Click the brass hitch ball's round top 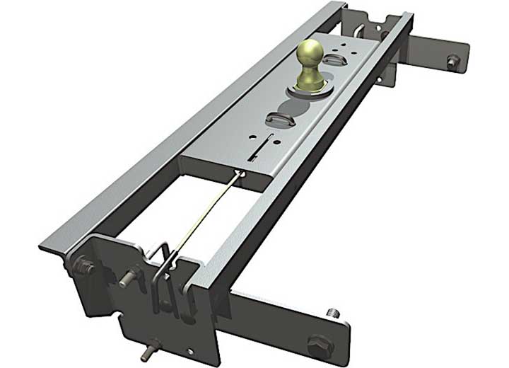click(310, 53)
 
